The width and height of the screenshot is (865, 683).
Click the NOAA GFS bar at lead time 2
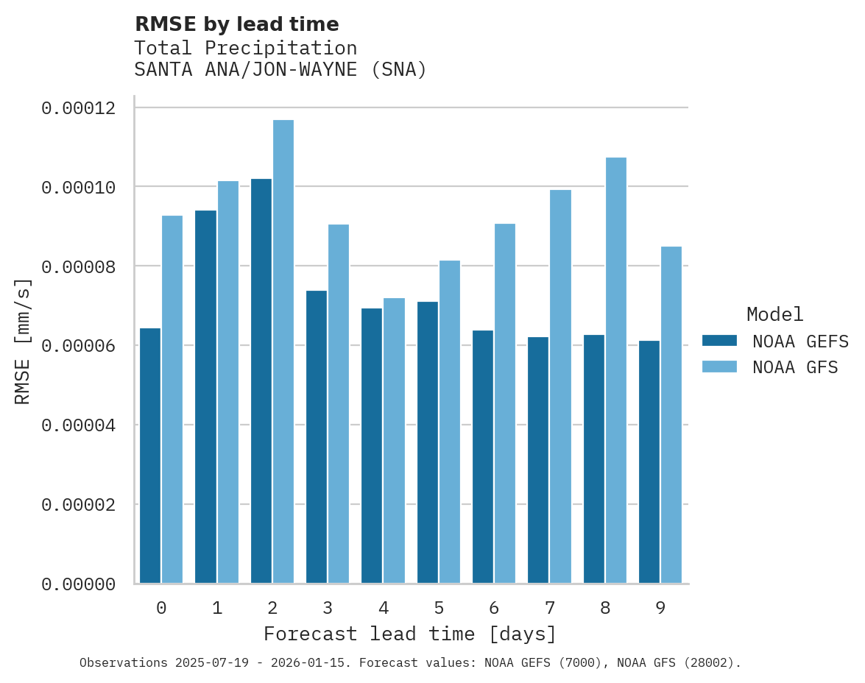point(283,352)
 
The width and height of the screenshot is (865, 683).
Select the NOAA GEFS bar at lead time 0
point(150,456)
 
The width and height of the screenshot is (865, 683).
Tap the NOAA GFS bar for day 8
point(616,370)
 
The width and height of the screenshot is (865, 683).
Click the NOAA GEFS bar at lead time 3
point(317,437)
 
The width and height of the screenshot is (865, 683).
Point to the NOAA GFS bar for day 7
point(560,386)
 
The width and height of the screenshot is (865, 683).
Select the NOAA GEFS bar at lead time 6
point(483,457)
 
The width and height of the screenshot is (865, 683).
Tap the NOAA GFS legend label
point(795,367)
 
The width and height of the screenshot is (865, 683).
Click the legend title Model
point(774,314)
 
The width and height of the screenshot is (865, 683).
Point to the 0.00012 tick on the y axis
point(79,108)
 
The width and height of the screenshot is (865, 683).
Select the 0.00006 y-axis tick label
point(79,346)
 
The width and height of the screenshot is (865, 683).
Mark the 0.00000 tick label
point(79,584)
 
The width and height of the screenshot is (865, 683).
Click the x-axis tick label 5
point(439,608)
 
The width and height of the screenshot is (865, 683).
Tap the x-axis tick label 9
point(660,608)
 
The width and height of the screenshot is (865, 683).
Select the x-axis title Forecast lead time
point(410,634)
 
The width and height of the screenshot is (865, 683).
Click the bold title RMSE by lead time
point(237,24)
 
